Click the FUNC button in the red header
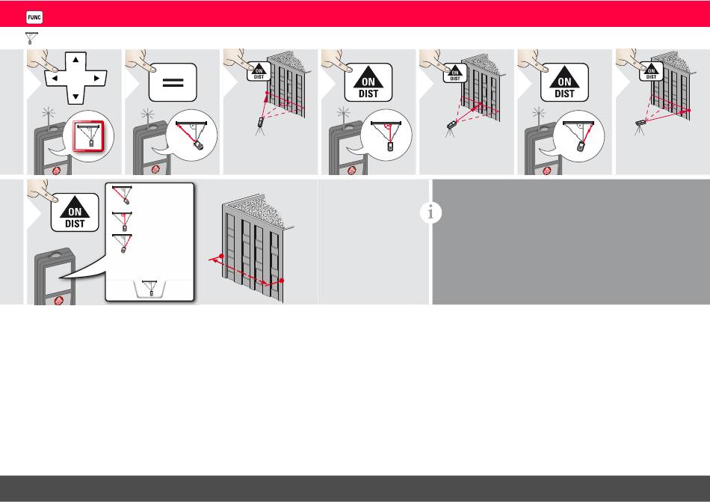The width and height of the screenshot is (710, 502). coord(34,17)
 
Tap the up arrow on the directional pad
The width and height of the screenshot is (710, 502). coord(75,59)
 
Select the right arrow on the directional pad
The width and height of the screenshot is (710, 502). coord(96,78)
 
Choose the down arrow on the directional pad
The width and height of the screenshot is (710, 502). coord(75,97)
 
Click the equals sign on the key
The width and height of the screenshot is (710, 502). coord(173,82)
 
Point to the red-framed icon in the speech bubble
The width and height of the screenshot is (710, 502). coord(88,135)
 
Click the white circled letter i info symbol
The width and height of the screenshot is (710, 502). coord(430,212)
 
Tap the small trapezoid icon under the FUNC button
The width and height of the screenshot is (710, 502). coord(31,38)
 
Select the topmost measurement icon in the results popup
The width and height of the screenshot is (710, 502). coord(123,195)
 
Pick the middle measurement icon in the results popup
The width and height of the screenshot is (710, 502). coord(123,221)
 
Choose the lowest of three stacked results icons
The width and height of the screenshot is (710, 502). coord(123,243)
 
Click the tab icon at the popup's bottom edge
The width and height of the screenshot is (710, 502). coord(151,289)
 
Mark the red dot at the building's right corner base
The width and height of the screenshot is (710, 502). coord(282,281)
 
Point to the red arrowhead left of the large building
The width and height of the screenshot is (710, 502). coord(213,260)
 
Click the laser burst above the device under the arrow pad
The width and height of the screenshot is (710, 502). coord(49,113)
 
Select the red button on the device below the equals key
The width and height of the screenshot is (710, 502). coord(155,170)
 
